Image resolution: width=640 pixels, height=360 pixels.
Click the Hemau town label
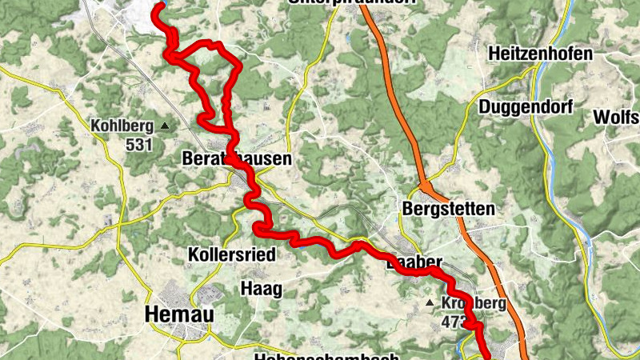179,315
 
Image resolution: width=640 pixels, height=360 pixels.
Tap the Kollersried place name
230,254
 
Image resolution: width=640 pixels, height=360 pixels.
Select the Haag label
261,289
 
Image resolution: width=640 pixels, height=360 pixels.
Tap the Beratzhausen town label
236,159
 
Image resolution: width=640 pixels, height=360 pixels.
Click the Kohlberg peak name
122,126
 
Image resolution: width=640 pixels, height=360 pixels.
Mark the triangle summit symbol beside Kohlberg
165,126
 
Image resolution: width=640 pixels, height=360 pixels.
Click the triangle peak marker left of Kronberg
430,303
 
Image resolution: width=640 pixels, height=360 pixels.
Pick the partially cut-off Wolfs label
616,117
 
